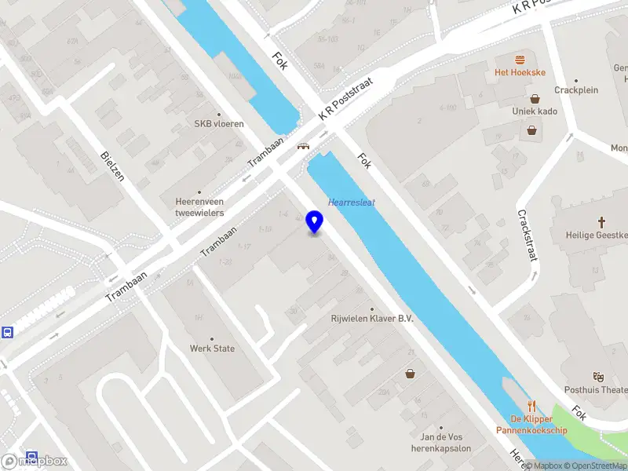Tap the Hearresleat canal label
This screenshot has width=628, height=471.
click(x=351, y=202)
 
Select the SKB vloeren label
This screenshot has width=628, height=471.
click(x=219, y=123)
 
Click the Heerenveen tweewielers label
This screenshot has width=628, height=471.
click(x=199, y=206)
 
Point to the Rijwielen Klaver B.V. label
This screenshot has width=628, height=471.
click(x=371, y=319)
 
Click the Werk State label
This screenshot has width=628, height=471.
click(x=212, y=348)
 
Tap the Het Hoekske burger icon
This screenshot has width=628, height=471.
click(x=519, y=60)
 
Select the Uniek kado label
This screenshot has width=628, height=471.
click(x=535, y=111)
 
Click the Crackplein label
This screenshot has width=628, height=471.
click(x=576, y=89)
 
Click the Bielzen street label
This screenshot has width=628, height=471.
click(x=112, y=166)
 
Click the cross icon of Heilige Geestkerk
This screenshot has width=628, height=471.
click(x=602, y=222)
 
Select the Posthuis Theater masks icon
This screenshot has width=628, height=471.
click(x=598, y=377)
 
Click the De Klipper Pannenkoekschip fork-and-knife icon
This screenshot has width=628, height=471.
click(x=531, y=406)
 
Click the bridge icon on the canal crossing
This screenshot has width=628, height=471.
click(x=302, y=145)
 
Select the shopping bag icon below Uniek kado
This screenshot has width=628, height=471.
click(x=532, y=130)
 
